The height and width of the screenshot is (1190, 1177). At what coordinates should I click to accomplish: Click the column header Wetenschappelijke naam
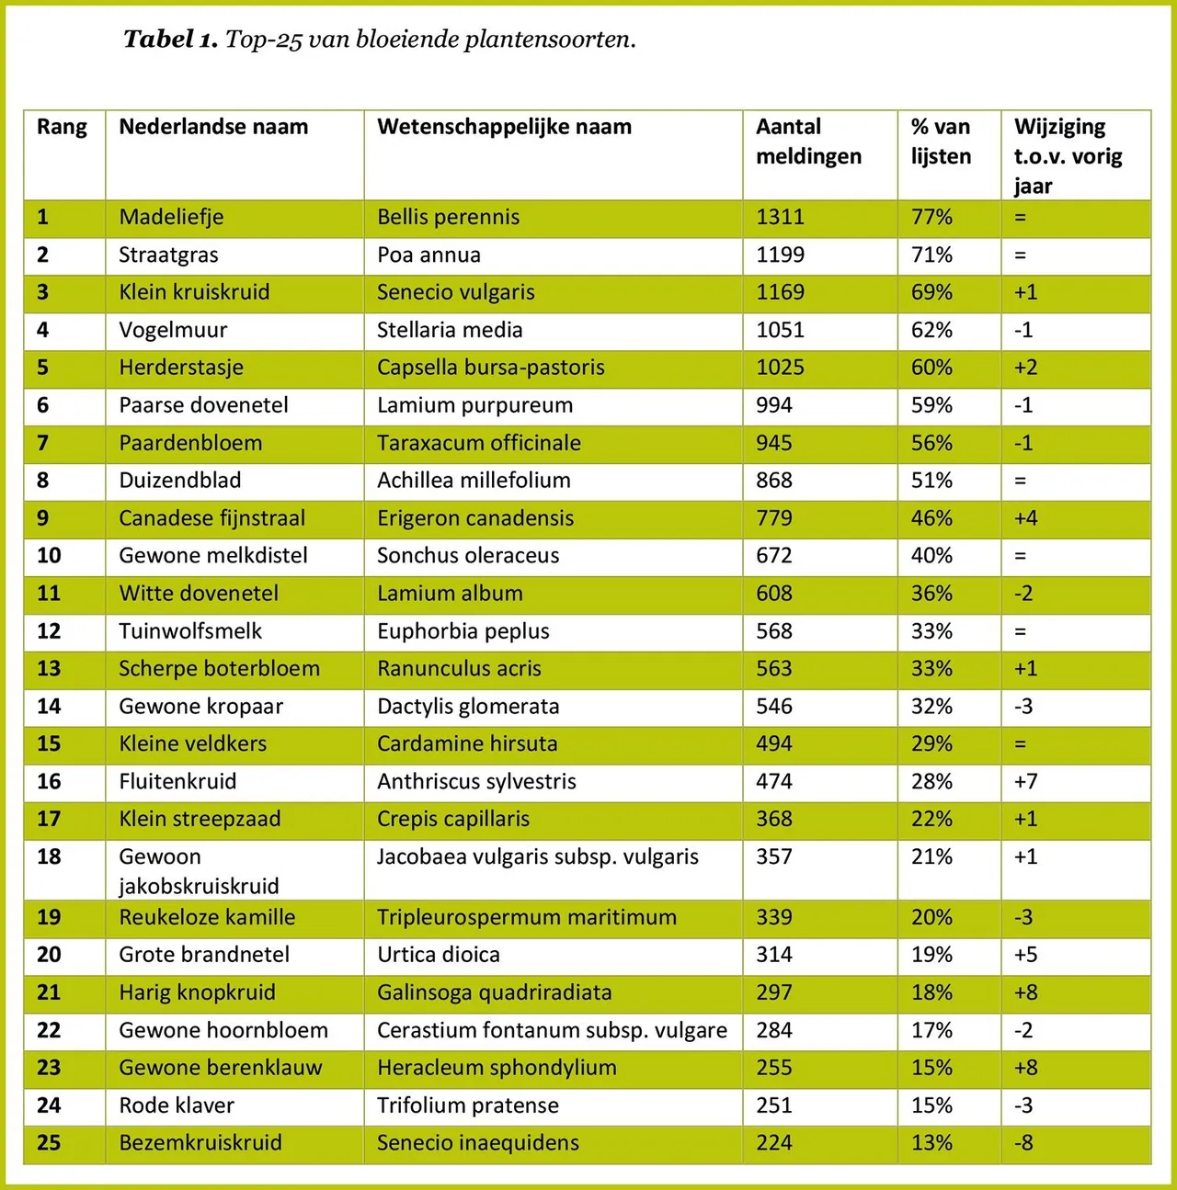click(x=504, y=127)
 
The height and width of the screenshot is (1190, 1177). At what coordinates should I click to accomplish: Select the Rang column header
click(x=62, y=127)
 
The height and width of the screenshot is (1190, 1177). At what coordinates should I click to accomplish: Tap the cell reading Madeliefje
click(x=171, y=217)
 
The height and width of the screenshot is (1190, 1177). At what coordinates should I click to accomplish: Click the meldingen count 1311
click(x=780, y=217)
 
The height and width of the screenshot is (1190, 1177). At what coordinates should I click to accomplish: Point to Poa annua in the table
click(x=429, y=255)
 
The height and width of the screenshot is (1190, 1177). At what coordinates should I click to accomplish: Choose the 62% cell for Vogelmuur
click(x=931, y=330)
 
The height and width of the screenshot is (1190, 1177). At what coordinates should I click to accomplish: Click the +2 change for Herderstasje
click(x=1025, y=368)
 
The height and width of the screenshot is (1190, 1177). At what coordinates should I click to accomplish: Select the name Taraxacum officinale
click(x=478, y=443)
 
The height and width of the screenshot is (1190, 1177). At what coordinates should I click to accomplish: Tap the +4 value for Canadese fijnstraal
click(x=1025, y=518)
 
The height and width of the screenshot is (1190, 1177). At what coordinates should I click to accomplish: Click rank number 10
click(x=49, y=555)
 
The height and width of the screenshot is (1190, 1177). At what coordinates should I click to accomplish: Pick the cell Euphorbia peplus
click(x=463, y=631)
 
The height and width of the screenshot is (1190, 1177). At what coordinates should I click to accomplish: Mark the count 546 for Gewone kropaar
click(x=773, y=707)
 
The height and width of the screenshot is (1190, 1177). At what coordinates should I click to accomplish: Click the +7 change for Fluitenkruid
click(x=1025, y=782)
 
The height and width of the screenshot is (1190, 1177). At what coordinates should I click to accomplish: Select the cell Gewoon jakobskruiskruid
click(x=198, y=871)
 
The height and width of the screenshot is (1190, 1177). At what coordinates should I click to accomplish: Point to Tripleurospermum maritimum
click(x=526, y=917)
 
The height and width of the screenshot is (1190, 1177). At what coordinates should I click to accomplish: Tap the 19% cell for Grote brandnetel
click(x=931, y=955)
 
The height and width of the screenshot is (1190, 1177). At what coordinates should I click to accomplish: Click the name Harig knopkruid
click(x=197, y=992)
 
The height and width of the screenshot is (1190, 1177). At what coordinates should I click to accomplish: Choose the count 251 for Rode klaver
click(x=773, y=1105)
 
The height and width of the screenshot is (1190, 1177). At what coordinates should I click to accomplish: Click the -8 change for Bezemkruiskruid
click(x=1023, y=1143)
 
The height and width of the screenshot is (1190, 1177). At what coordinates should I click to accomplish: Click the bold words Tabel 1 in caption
click(x=170, y=40)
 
